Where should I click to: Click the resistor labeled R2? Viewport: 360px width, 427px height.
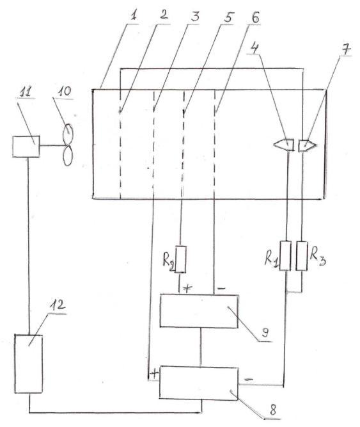(x=180, y=259)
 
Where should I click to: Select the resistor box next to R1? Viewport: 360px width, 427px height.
(x=285, y=255)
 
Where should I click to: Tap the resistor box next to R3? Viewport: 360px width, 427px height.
(x=302, y=255)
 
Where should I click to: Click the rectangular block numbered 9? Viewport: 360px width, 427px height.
(x=199, y=310)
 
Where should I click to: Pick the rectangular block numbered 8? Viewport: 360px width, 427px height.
(x=199, y=383)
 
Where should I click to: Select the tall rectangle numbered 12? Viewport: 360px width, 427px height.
(x=29, y=364)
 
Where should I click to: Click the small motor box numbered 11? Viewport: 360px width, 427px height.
(x=26, y=147)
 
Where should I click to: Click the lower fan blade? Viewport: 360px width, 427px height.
(x=68, y=156)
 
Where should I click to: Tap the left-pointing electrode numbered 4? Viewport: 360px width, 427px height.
(x=284, y=145)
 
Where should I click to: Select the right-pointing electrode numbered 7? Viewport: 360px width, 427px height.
(x=308, y=145)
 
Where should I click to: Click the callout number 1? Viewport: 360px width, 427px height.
(x=133, y=16)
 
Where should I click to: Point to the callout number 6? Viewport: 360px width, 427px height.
(x=255, y=18)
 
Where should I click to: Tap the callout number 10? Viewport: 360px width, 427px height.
(x=65, y=92)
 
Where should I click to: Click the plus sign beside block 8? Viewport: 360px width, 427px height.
(x=154, y=374)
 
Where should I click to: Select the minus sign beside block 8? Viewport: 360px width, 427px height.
(x=249, y=379)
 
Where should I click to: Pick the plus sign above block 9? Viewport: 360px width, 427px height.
(x=187, y=288)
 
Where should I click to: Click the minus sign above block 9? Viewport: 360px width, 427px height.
(x=222, y=288)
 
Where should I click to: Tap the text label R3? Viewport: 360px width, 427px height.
(x=318, y=257)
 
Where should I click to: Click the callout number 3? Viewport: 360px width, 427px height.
(x=195, y=17)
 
